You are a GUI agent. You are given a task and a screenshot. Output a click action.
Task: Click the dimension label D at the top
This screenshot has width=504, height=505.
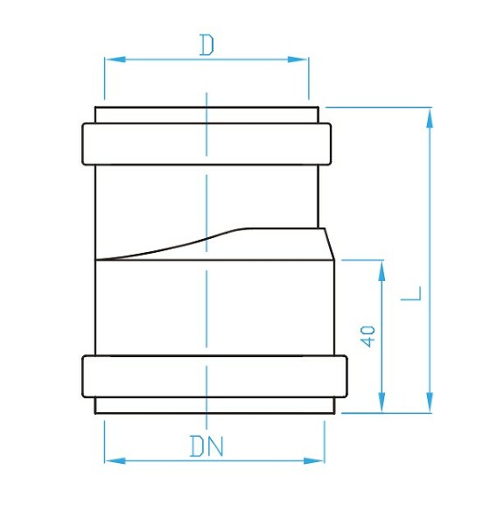tap(206, 45)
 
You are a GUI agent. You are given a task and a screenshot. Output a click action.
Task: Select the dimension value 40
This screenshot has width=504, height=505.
tap(367, 336)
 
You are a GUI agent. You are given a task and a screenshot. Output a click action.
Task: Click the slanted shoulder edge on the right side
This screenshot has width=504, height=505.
tap(330, 244)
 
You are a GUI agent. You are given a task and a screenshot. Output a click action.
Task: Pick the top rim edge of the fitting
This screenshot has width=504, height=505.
tap(206, 108)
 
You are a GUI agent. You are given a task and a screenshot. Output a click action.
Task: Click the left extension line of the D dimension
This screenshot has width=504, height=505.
tap(104, 83)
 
